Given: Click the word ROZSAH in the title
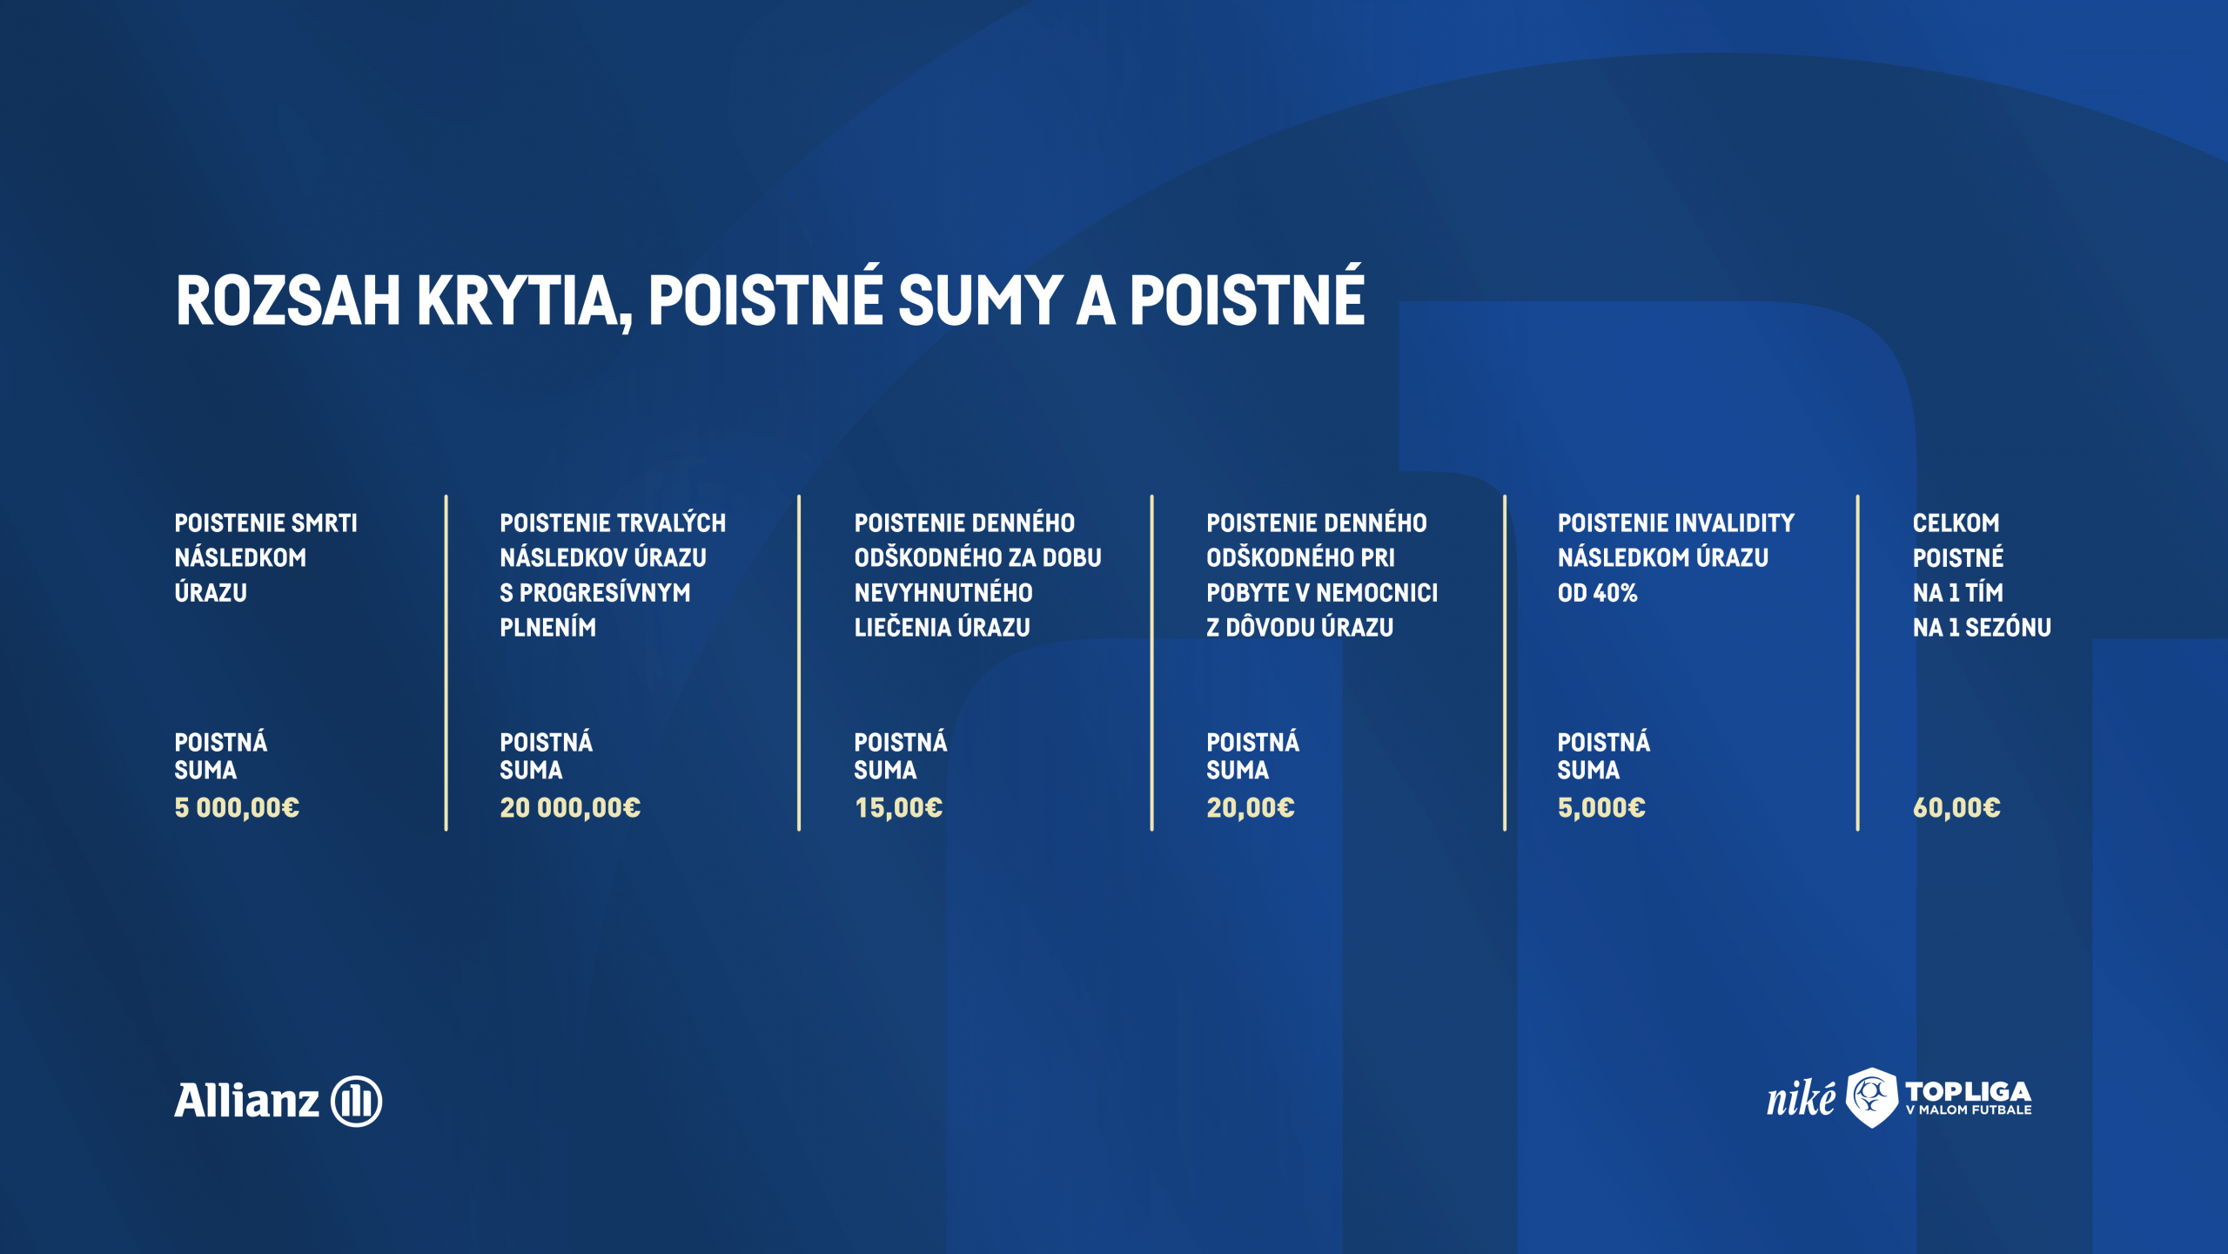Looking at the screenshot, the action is (x=288, y=300).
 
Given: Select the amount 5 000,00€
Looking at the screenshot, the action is (x=237, y=808).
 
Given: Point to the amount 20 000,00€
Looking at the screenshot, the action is (x=570, y=808).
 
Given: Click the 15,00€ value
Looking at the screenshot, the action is (x=898, y=808).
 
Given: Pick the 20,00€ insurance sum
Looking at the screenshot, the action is (x=1251, y=808).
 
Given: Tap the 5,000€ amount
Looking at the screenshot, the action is (x=1601, y=808).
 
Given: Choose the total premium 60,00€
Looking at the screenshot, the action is (x=1956, y=808).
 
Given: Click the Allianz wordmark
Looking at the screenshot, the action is (x=247, y=1100).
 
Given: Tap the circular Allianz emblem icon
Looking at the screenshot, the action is (x=357, y=1101).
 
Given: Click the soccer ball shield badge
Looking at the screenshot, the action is (x=1872, y=1097).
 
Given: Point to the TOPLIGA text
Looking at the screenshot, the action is (x=1969, y=1091).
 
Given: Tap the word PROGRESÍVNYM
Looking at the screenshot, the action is (x=605, y=592).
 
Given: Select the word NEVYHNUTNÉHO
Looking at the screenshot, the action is (x=943, y=592).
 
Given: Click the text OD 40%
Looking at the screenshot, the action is (x=1598, y=592).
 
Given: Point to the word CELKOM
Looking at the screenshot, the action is (x=1956, y=522).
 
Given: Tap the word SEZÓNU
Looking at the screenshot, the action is (x=2008, y=627).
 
